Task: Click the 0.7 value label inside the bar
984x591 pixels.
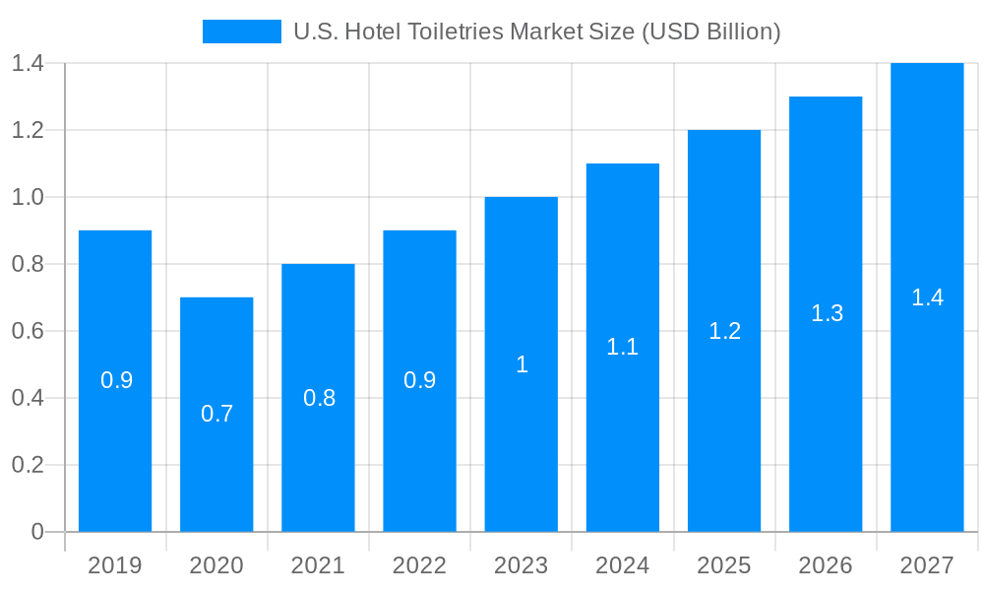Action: [216, 414]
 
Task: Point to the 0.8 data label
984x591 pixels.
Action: [319, 398]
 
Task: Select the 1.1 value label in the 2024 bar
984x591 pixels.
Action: [622, 347]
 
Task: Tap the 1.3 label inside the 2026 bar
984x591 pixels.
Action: [827, 313]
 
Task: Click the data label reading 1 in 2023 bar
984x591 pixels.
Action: [522, 364]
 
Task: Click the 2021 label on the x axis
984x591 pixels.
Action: [318, 565]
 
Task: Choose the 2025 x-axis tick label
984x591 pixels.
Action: [723, 565]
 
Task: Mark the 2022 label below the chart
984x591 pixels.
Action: [419, 565]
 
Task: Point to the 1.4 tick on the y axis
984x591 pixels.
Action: [28, 64]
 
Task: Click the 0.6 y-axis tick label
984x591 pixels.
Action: [28, 331]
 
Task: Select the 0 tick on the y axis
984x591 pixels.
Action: [37, 532]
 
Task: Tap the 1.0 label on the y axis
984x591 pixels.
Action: [28, 197]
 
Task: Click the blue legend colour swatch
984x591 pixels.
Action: [241, 32]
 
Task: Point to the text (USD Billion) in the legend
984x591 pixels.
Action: [710, 32]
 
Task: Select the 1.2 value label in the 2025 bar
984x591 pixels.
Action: [724, 331]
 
